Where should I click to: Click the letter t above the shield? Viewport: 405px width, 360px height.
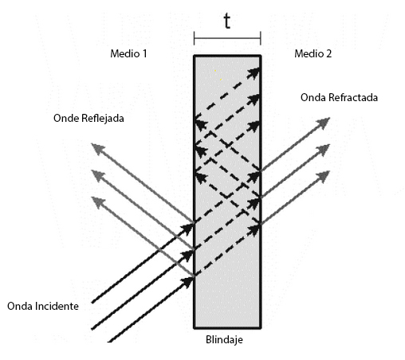227,21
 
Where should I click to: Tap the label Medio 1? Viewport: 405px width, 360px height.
128,53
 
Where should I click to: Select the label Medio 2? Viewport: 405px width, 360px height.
313,53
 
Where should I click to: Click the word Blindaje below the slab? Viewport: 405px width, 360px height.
224,340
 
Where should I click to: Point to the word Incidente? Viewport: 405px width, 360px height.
57,306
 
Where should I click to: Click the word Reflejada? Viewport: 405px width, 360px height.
103,118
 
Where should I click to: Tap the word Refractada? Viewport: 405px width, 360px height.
353,97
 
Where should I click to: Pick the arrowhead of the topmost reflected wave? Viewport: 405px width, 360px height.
98,149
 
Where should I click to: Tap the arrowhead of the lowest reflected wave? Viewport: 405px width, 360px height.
98,202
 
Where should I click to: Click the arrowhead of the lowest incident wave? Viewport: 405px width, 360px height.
187,282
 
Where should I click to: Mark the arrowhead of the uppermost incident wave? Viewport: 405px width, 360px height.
187,228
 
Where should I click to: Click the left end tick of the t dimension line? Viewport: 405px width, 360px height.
195,38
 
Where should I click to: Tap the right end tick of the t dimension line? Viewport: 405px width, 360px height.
261,38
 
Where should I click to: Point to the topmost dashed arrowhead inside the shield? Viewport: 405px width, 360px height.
254,73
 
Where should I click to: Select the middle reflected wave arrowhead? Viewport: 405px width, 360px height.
98,175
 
